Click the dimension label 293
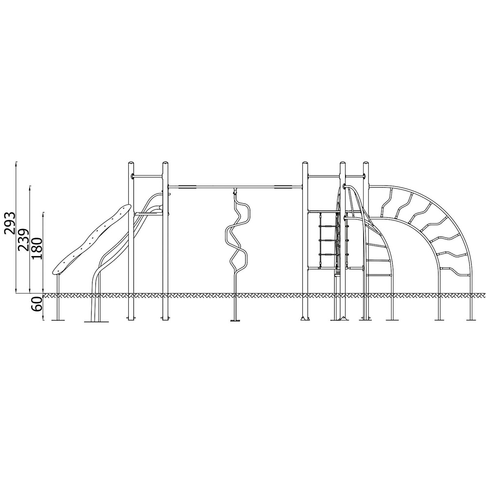pos(10,223)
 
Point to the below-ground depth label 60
pos(36,304)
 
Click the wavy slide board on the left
pos(91,240)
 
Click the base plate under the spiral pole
pos(235,320)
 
